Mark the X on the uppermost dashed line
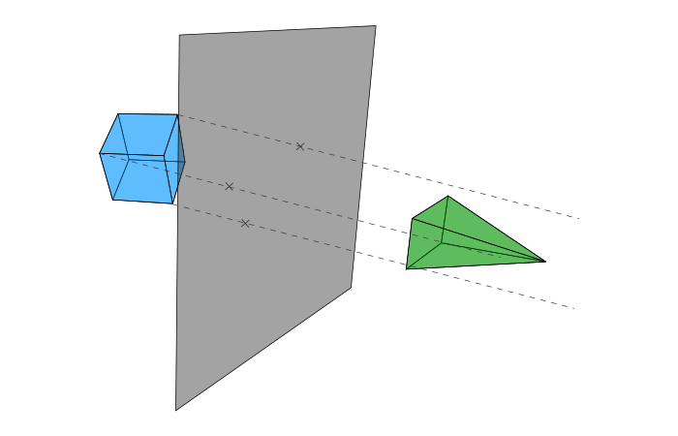click(x=300, y=146)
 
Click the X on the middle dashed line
click(x=230, y=186)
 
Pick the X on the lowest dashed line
click(x=245, y=224)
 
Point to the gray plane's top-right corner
click(x=376, y=26)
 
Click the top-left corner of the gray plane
click(x=179, y=36)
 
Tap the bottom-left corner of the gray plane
click(x=175, y=410)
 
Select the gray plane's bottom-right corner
click(x=351, y=288)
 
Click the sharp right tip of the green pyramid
click(x=546, y=261)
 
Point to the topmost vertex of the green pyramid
click(x=447, y=197)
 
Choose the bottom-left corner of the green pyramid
click(x=407, y=268)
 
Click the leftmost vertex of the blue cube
click(x=100, y=153)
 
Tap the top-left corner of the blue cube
click(x=118, y=113)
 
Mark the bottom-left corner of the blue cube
click(x=113, y=200)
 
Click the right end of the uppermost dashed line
click(x=579, y=219)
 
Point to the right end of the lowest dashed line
click(x=575, y=308)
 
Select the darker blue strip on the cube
click(x=180, y=160)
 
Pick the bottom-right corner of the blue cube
click(x=173, y=203)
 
